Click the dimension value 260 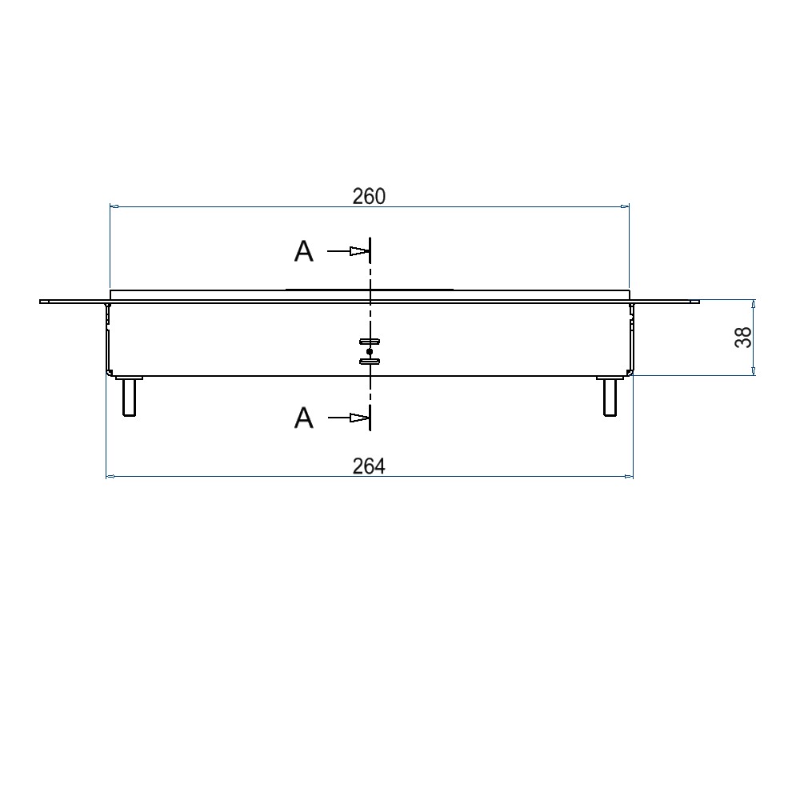[369, 197]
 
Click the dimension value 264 [369, 466]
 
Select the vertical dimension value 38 [743, 338]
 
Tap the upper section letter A [303, 251]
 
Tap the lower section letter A [303, 418]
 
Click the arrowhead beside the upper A [358, 251]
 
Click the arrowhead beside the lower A [358, 418]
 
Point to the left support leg [129, 396]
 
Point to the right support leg [610, 396]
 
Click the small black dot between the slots [370, 351]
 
